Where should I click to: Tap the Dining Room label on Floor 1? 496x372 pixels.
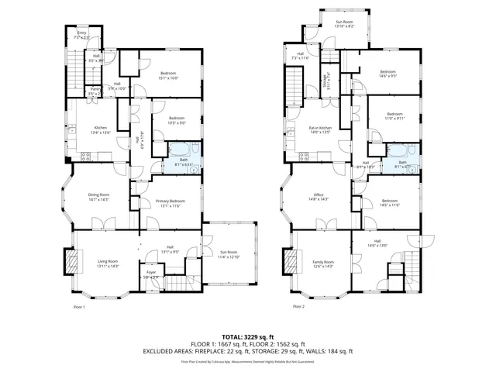click(x=98, y=195)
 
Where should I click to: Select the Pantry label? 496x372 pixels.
click(x=95, y=90)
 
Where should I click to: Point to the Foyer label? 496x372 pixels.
click(x=151, y=272)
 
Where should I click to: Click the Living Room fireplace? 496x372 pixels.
click(x=74, y=261)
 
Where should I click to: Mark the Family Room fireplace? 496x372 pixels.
click(x=291, y=261)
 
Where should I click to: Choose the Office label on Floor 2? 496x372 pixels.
click(x=318, y=195)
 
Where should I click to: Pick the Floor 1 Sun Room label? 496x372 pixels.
click(x=230, y=252)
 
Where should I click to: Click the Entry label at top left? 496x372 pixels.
click(x=81, y=33)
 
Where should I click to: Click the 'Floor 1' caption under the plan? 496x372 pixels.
click(x=79, y=306)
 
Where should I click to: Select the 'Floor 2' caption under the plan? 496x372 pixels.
click(x=298, y=306)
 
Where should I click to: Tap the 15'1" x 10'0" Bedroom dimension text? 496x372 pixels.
click(x=169, y=77)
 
